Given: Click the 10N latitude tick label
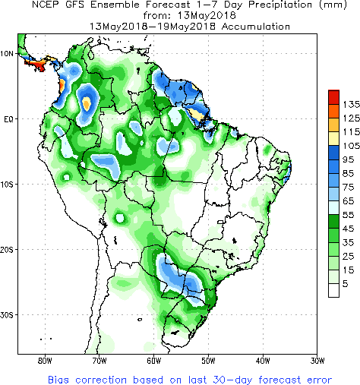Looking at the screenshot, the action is [x=6, y=54].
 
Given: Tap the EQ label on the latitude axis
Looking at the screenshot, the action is [x=8, y=119].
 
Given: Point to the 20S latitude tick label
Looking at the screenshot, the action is [x=6, y=250].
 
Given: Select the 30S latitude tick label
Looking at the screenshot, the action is [x=6, y=315].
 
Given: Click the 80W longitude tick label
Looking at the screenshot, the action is [x=45, y=361].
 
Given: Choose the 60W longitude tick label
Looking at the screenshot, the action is [x=153, y=361].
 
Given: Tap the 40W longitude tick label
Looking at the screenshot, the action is [x=263, y=361].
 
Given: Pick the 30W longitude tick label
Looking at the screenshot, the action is [x=317, y=361].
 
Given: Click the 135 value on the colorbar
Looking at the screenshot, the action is [x=351, y=104].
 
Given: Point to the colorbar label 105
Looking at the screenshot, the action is [x=351, y=146].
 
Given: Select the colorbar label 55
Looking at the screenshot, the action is [x=349, y=215].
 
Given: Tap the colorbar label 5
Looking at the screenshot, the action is [x=346, y=284].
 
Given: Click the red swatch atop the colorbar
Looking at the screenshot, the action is [x=333, y=97].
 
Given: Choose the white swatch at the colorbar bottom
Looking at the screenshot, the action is [x=333, y=290].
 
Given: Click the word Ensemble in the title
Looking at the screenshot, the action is [x=115, y=5].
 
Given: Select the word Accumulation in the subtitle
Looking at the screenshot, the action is [x=256, y=27].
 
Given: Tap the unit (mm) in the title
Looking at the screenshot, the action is [x=333, y=5].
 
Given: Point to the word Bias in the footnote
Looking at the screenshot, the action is [x=58, y=380].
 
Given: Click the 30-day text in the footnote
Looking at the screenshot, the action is [x=232, y=380].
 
